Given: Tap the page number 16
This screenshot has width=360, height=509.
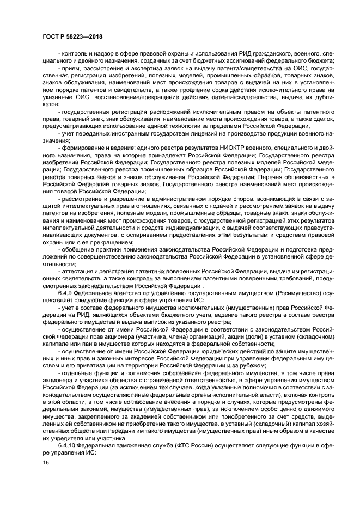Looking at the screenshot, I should click(45, 462).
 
